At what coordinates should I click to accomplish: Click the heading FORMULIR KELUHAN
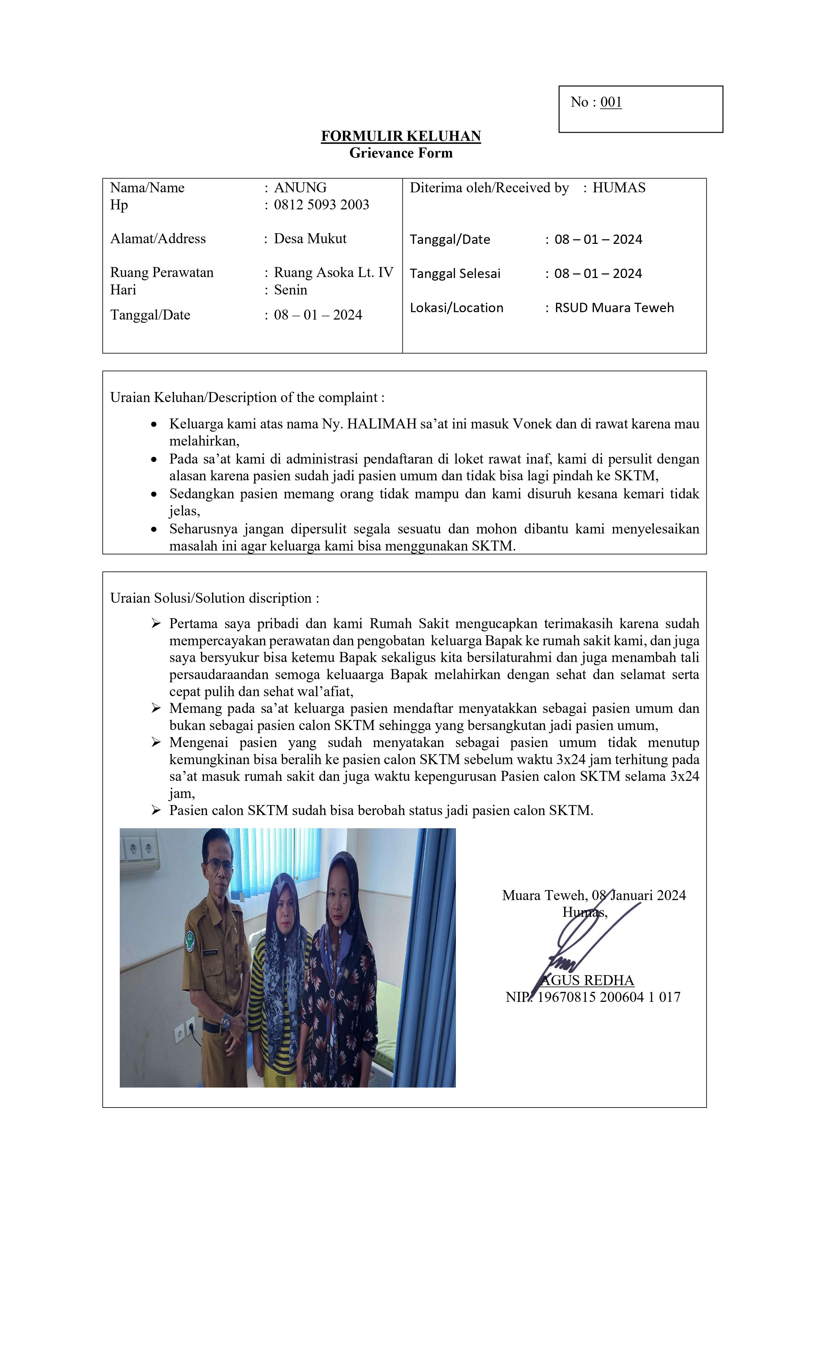point(401,136)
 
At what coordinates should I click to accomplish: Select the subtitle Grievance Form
point(401,153)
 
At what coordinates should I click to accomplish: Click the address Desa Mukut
point(310,239)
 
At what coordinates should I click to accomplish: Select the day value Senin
point(290,290)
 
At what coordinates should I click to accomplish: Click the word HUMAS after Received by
point(618,188)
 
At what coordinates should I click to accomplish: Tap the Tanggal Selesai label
point(455,273)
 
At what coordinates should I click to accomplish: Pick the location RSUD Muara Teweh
point(614,308)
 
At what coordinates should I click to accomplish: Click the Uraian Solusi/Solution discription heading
point(214,598)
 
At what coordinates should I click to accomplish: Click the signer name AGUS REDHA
point(587,980)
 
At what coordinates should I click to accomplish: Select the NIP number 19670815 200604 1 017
point(608,997)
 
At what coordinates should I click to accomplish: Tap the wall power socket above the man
point(140,850)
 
